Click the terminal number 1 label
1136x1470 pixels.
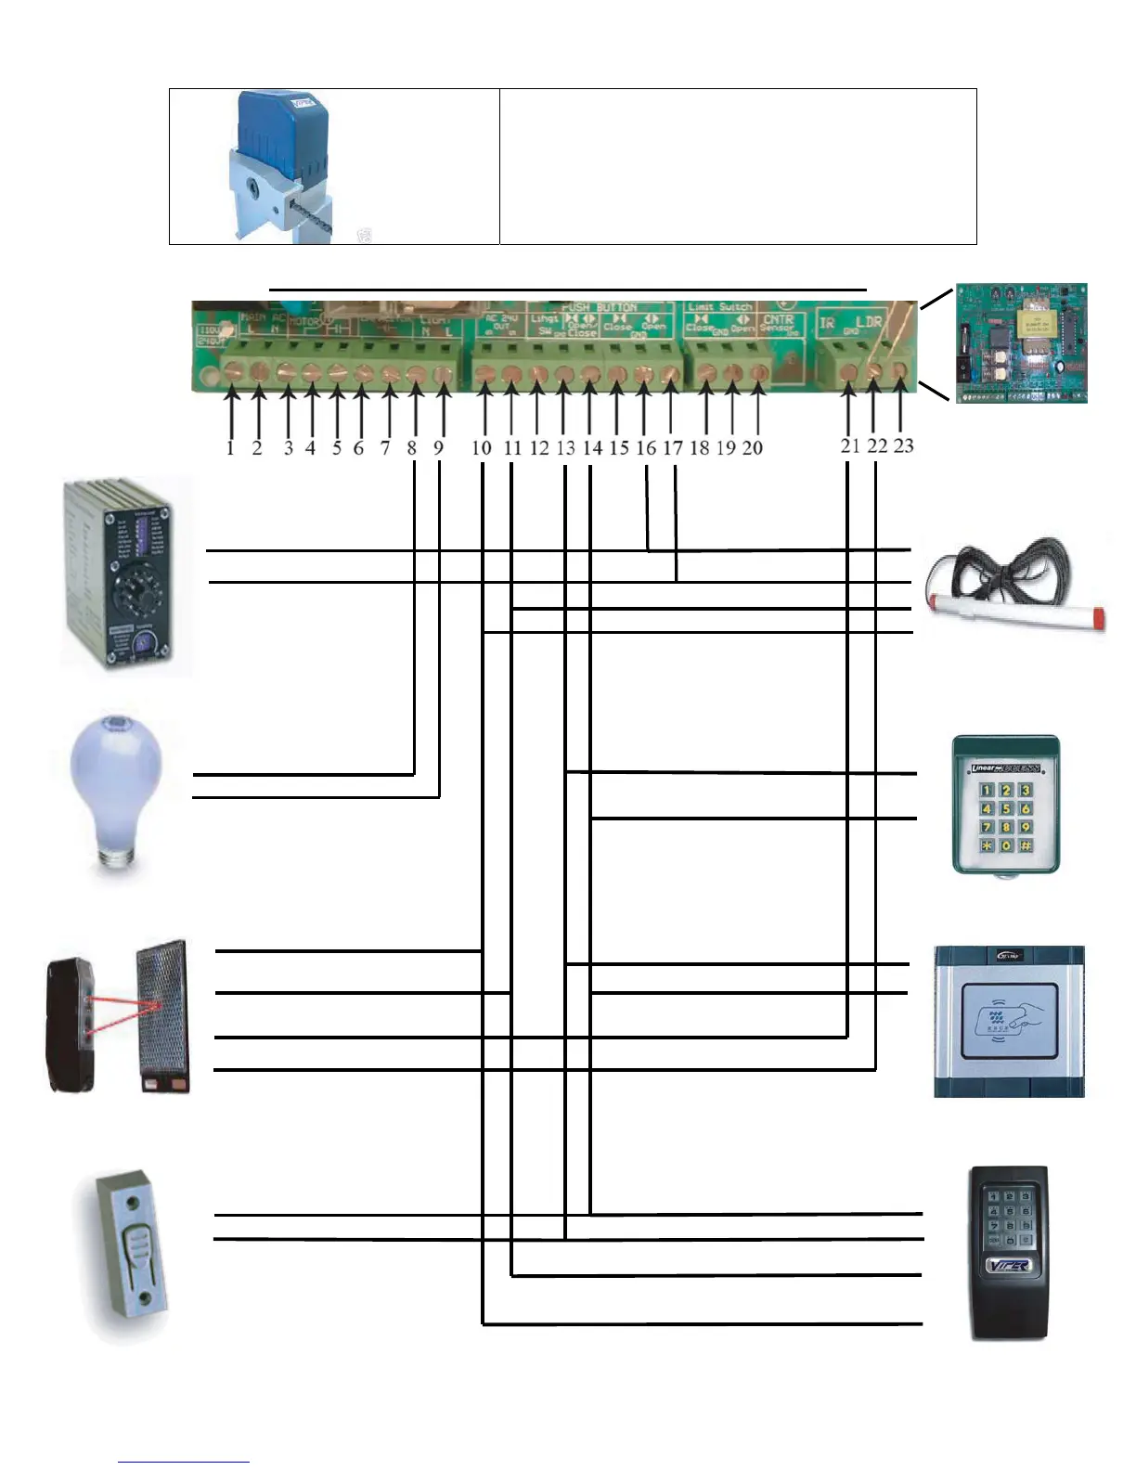pos(230,447)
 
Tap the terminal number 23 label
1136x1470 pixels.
pos(903,445)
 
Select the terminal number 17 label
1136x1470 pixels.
pos(673,447)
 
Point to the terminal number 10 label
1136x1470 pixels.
pos(482,447)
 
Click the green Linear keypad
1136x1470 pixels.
pos(1006,806)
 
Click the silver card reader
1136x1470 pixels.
pos(1009,1021)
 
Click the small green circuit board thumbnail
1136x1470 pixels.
pos(1021,343)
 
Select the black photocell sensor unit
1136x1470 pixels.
pos(72,1025)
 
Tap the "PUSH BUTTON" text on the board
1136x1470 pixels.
pos(599,307)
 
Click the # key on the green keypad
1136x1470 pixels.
pos(1026,845)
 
